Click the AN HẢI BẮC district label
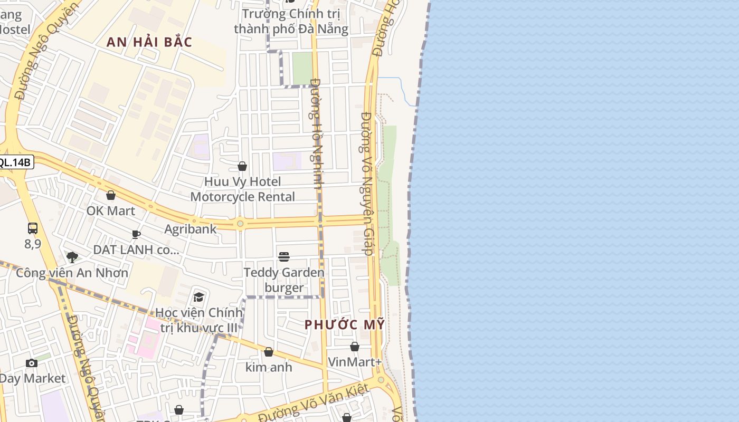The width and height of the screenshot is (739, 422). click(149, 42)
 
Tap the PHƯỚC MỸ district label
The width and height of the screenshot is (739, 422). click(345, 324)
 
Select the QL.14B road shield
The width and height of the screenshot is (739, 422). click(15, 162)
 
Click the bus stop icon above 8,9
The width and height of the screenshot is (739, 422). click(33, 228)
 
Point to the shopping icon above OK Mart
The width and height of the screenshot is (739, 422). click(111, 196)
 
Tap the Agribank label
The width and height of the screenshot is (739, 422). click(191, 229)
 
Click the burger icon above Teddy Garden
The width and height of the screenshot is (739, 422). click(284, 257)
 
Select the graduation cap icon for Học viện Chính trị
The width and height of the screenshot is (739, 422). click(199, 298)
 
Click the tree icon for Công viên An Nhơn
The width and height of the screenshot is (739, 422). click(72, 257)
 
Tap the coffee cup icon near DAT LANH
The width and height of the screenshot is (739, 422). click(136, 234)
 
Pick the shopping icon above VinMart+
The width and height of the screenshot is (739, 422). click(355, 347)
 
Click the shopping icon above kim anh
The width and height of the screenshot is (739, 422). click(269, 352)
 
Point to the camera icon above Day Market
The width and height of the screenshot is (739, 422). click(32, 363)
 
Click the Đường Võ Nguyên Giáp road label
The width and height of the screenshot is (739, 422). click(368, 184)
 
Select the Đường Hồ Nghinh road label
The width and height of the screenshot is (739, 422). click(316, 133)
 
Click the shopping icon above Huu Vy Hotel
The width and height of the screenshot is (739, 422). click(242, 167)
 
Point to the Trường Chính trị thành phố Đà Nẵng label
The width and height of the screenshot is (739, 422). click(291, 21)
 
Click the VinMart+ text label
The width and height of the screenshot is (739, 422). click(355, 362)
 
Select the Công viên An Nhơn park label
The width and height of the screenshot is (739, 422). click(72, 273)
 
